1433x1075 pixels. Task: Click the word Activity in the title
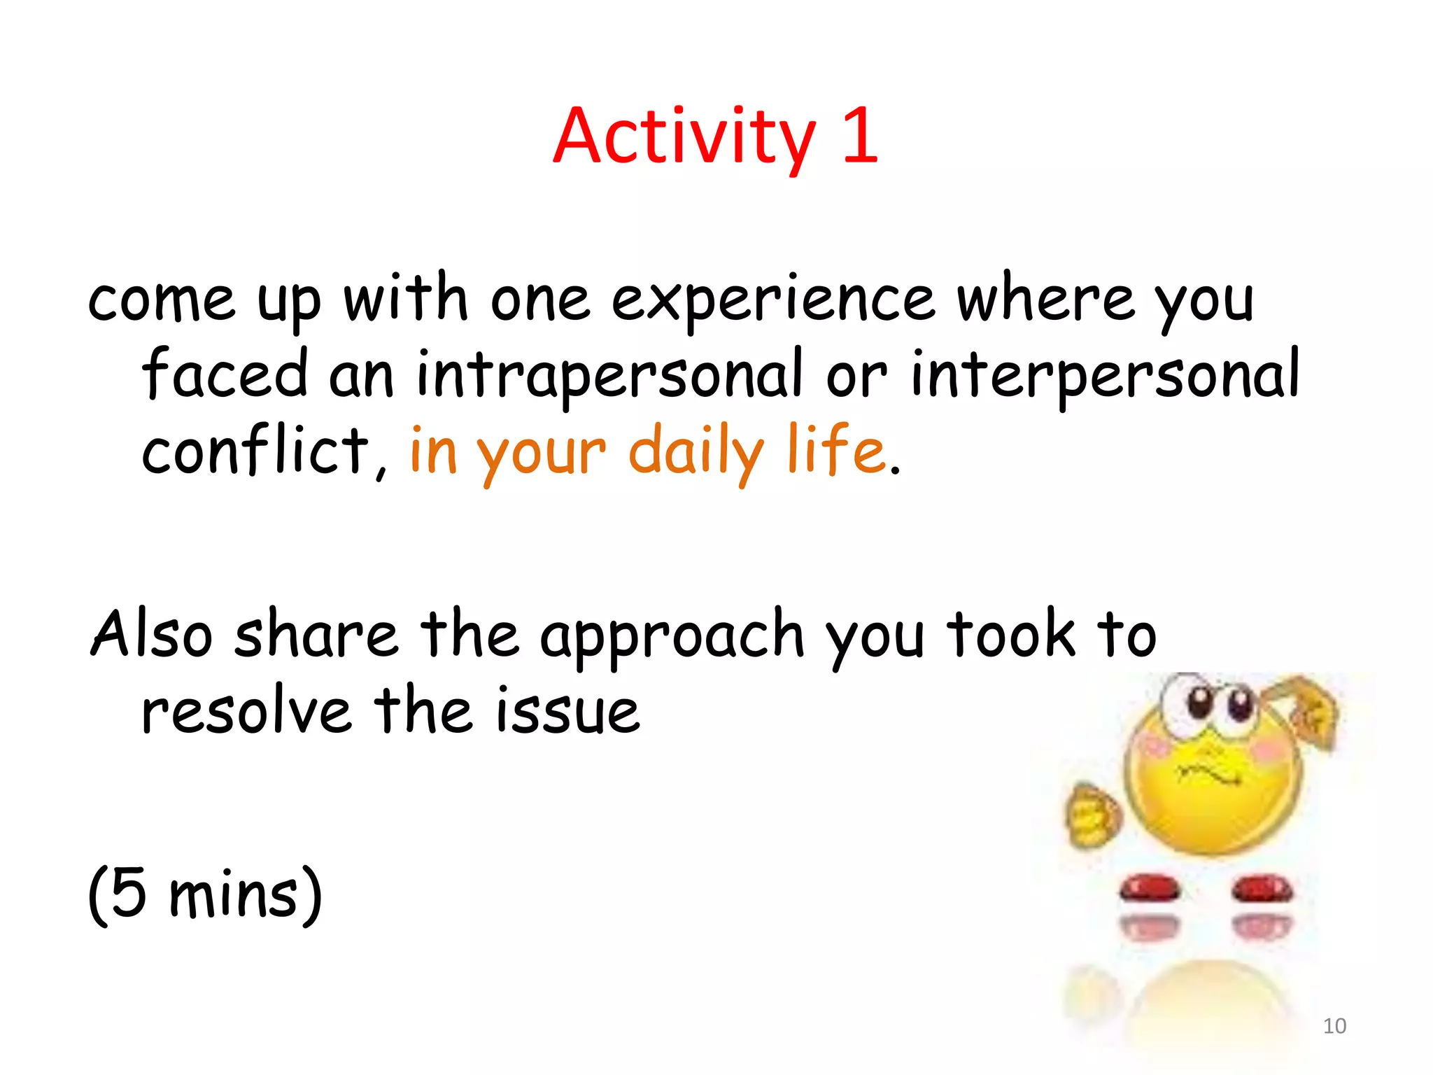click(684, 138)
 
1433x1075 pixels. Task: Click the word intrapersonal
click(609, 376)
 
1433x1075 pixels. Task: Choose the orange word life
click(837, 449)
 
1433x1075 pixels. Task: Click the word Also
click(152, 633)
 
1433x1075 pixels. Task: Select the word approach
click(672, 638)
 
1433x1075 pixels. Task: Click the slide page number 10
click(1334, 1026)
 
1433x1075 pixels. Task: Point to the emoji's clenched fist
click(1092, 815)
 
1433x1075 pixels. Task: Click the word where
click(1045, 300)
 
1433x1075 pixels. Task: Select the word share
click(317, 633)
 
